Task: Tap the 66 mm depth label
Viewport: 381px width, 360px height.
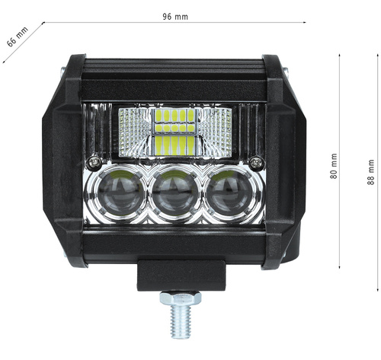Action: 17,37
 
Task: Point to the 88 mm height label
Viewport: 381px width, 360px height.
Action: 371,172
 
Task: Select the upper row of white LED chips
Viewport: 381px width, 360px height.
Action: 174,116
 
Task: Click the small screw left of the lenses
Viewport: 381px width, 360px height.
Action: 94,161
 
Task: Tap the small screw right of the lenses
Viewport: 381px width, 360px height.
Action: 257,161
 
